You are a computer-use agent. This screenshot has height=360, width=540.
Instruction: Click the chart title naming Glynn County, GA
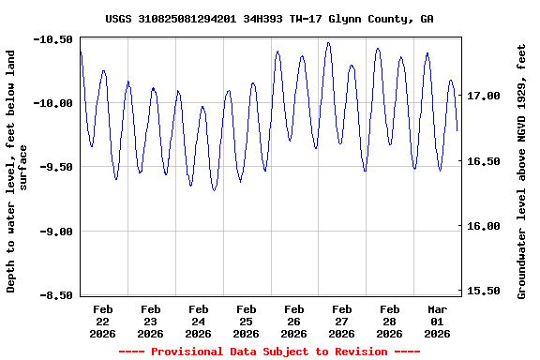(269, 19)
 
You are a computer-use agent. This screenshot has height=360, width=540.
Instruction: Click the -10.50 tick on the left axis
(53, 39)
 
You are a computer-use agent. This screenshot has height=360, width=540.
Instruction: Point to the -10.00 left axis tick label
(53, 103)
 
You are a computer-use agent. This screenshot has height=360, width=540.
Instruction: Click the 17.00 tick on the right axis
(484, 96)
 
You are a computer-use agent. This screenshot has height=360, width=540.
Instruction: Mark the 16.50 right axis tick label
(484, 161)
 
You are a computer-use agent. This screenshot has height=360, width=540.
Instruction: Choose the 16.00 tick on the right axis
(484, 226)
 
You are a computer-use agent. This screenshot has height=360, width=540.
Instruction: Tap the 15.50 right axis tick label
(484, 292)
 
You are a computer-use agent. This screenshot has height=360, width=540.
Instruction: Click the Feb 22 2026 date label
(102, 321)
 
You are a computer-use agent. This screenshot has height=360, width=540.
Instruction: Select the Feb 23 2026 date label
(150, 321)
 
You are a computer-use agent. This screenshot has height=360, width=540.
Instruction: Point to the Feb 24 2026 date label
(198, 321)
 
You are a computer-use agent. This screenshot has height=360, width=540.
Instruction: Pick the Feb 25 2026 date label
(246, 321)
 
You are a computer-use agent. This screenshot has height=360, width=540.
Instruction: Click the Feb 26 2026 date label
(293, 321)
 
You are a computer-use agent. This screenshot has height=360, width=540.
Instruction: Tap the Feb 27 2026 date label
(341, 321)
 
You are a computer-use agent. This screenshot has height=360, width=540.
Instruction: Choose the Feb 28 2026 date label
(389, 321)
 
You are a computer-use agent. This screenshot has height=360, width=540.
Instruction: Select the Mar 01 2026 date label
(437, 321)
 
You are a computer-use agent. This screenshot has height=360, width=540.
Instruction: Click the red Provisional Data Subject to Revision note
(269, 352)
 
